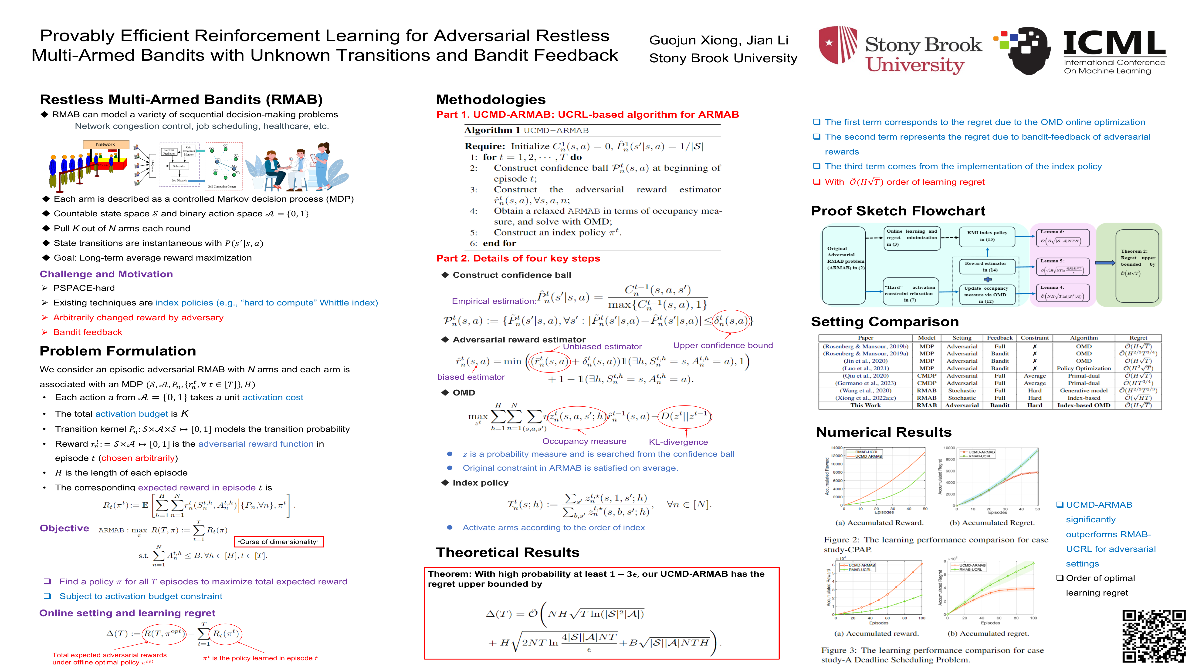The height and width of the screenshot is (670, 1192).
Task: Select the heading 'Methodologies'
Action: click(x=491, y=99)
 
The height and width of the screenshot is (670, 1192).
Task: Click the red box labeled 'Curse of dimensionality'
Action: click(x=279, y=541)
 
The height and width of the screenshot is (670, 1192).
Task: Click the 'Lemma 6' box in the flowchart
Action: click(x=1062, y=237)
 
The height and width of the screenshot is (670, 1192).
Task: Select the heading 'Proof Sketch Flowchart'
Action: click(x=898, y=211)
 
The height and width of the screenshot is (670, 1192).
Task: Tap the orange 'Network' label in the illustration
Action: click(x=105, y=144)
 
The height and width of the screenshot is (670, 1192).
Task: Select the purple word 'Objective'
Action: click(x=64, y=528)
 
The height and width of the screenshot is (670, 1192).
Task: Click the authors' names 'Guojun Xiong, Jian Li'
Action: click(x=719, y=40)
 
